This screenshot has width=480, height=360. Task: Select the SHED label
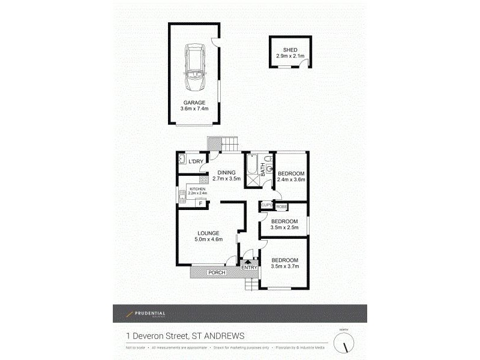click(290, 50)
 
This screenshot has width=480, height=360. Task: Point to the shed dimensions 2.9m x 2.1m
click(290, 56)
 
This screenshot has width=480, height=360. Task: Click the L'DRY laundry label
click(196, 162)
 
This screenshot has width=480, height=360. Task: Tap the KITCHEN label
click(198, 189)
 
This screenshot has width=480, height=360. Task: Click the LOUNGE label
click(208, 233)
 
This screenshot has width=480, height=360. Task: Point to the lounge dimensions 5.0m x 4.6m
click(208, 239)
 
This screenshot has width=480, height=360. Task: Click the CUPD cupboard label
click(267, 206)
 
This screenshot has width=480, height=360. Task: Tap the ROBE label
click(281, 206)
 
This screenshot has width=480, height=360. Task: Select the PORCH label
click(216, 273)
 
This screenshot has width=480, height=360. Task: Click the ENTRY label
click(249, 268)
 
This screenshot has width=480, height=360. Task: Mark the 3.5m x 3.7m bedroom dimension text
click(284, 266)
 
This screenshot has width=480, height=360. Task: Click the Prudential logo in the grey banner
click(146, 314)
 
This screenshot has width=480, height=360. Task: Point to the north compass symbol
click(344, 343)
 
